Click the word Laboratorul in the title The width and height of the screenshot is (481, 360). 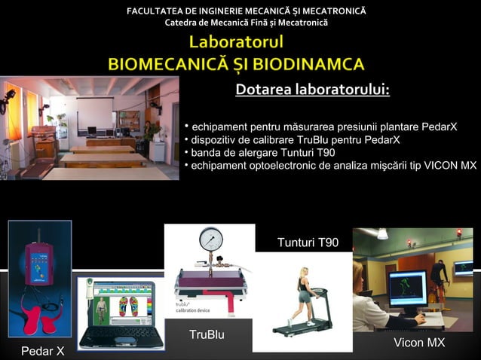pos(236,41)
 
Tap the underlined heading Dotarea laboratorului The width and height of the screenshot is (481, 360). pos(312,90)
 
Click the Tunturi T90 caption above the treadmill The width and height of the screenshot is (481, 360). pos(308,243)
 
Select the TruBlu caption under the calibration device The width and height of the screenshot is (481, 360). pos(207,334)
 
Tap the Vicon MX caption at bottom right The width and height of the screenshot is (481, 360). pos(419,343)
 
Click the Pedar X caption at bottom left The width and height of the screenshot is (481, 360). pos(42,351)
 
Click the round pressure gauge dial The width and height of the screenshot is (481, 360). pos(210,240)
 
